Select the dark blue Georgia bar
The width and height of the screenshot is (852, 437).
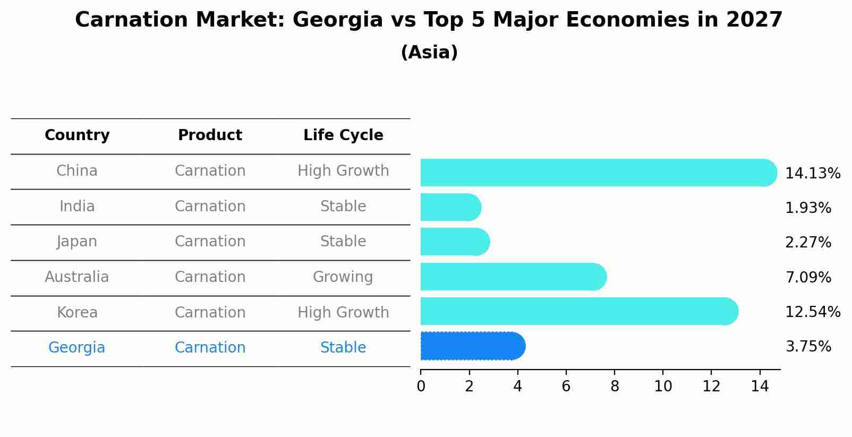pyautogui.click(x=472, y=346)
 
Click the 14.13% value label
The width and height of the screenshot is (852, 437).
pyautogui.click(x=812, y=174)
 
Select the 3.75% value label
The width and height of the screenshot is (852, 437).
pyautogui.click(x=808, y=347)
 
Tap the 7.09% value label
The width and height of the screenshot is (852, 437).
pyautogui.click(x=808, y=277)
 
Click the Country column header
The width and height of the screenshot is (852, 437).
pyautogui.click(x=77, y=135)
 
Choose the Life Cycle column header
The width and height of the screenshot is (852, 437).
pyautogui.click(x=343, y=135)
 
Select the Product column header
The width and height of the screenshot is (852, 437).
pyautogui.click(x=210, y=135)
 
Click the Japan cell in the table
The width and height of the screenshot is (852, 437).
pyautogui.click(x=77, y=242)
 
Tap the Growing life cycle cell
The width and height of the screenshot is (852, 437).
pyautogui.click(x=343, y=277)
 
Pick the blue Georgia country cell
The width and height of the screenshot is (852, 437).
pyautogui.click(x=77, y=348)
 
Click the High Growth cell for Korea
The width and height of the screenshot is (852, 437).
pyautogui.click(x=343, y=313)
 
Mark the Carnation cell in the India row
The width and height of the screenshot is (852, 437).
pyautogui.click(x=210, y=207)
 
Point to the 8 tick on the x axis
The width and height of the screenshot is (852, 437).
pyautogui.click(x=615, y=387)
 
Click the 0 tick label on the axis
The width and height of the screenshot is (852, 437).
pyautogui.click(x=421, y=387)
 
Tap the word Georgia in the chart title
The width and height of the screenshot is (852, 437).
pyautogui.click(x=337, y=20)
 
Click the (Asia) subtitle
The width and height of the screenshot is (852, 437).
pyautogui.click(x=429, y=53)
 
